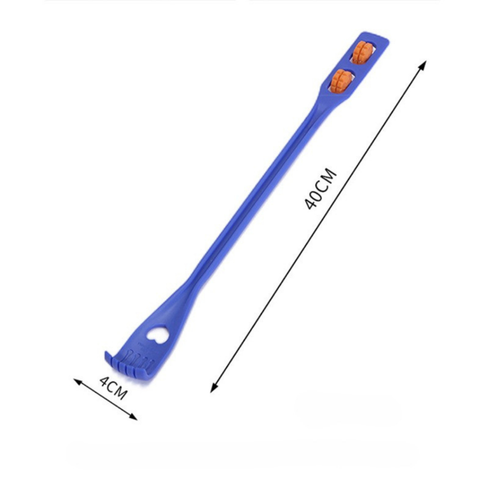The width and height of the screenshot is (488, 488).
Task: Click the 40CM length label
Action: pos(320,189)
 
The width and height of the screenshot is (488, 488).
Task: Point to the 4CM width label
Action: pos(113,388)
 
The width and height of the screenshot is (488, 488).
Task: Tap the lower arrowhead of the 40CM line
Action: pos(213,388)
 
